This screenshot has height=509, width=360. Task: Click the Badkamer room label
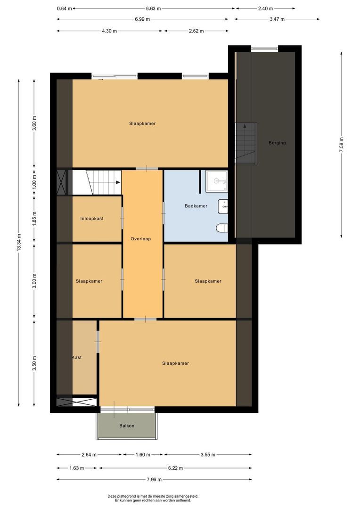pos(196,206)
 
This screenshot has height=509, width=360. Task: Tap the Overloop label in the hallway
pos(140,239)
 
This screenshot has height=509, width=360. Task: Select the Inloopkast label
pos(92,219)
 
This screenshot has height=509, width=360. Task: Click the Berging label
pos(277,143)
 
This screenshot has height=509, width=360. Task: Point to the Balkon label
pos(127,426)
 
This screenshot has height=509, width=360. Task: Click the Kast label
pos(77,358)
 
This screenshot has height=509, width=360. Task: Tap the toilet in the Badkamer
pos(222,229)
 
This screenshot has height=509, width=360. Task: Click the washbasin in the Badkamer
pos(223,206)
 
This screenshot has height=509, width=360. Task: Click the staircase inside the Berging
pos(246,143)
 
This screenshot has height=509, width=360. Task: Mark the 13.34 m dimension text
pos(18,243)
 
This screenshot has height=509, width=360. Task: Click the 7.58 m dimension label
pos(341,143)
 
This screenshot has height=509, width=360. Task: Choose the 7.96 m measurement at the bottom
pos(153,480)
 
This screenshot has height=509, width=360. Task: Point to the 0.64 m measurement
pos(64,8)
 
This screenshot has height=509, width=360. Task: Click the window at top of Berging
pos(264,48)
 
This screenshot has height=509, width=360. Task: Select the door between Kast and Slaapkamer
pos(98,339)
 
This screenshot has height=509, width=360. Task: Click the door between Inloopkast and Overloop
pos(122,219)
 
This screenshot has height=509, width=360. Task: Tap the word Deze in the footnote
pos(113,496)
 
